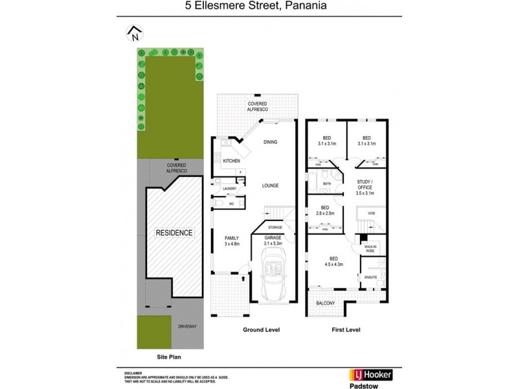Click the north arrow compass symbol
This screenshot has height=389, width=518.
point(135,33)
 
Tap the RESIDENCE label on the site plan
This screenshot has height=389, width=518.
point(173,231)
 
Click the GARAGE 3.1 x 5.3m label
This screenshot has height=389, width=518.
point(273,241)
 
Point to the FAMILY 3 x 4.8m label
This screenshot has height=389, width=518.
point(232,241)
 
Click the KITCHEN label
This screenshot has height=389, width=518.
point(231,160)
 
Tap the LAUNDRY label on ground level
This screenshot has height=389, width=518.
point(230,189)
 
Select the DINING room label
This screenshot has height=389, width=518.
point(270,142)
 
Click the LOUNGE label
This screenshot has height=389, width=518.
point(270,185)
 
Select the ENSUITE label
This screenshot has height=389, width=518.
point(370,277)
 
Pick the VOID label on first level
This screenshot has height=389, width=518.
point(372,213)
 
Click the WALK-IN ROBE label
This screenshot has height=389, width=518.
point(371,248)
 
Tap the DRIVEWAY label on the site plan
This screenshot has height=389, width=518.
point(186,327)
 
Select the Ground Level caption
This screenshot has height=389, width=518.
point(261,329)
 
